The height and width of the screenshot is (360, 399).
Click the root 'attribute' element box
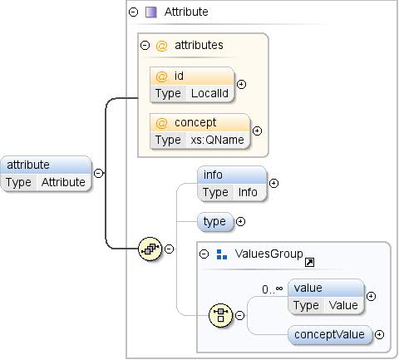(47, 173)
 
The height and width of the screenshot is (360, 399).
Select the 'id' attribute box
(192, 84)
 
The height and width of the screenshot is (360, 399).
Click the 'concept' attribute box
(199, 131)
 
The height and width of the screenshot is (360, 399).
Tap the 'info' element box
(231, 183)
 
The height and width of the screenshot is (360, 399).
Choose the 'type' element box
(214, 222)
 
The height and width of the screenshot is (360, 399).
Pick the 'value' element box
(325, 296)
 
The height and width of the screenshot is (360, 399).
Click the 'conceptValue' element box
(330, 334)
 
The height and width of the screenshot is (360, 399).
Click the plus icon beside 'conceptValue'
(380, 334)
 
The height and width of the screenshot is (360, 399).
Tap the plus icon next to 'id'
(242, 84)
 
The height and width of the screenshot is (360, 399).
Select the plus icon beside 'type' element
(240, 222)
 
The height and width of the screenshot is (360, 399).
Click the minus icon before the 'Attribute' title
(134, 12)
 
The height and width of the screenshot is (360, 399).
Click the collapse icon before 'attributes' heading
(145, 45)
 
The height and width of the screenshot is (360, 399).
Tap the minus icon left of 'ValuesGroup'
(204, 254)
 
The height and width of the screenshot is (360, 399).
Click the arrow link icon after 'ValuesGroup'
(309, 262)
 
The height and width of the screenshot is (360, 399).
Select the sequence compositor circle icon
(150, 248)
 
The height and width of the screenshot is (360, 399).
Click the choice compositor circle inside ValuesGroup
(220, 314)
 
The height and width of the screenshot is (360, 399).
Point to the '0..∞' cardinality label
(273, 288)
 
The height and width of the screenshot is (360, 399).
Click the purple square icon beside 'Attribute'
(151, 12)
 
